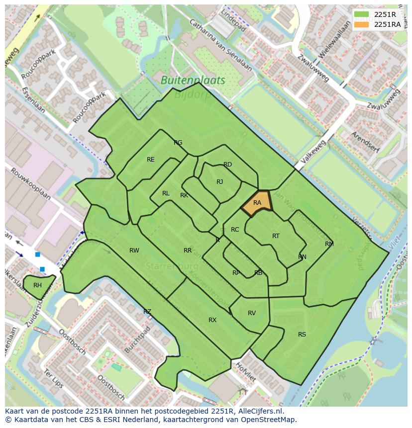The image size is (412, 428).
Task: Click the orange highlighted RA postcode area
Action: click(x=256, y=203)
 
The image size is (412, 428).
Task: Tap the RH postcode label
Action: click(x=37, y=285)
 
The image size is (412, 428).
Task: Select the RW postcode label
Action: click(x=134, y=251)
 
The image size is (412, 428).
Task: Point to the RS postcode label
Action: click(x=302, y=335)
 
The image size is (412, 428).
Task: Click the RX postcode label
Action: click(x=212, y=320)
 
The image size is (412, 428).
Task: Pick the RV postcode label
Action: click(x=252, y=313)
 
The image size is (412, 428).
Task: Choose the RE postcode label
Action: click(x=151, y=160)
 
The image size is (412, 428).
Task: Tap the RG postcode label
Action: click(x=178, y=143)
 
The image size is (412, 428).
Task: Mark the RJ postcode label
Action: click(x=220, y=182)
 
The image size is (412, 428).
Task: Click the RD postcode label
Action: click(x=227, y=165)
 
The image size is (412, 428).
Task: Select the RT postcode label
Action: click(x=276, y=236)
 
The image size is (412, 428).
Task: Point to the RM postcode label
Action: click(x=329, y=244)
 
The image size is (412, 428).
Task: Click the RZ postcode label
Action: click(x=147, y=312)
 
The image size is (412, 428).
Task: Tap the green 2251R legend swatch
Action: click(x=362, y=14)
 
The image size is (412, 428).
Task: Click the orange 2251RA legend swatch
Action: click(x=362, y=24)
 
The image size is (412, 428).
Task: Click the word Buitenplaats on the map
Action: click(x=193, y=80)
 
